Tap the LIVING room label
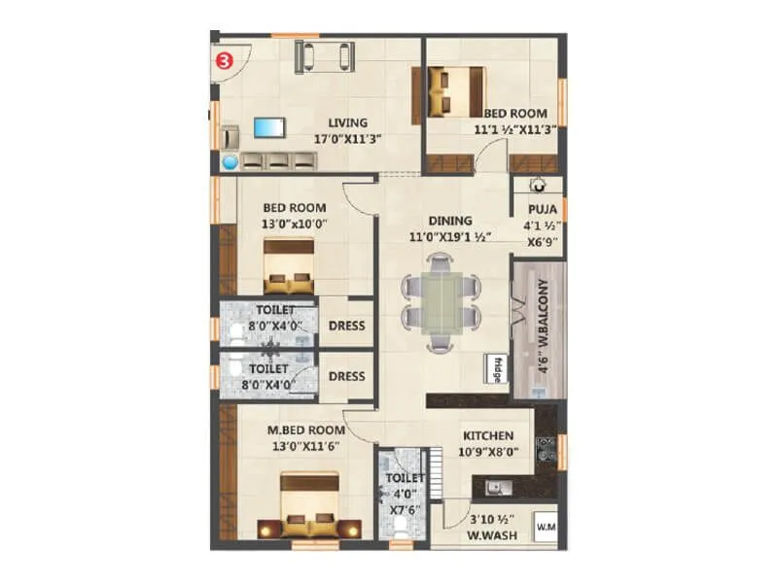tap(347, 122)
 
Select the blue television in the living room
tap(269, 127)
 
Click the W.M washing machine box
tap(545, 528)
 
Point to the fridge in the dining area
tap(495, 368)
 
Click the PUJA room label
tap(542, 209)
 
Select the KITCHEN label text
tap(487, 436)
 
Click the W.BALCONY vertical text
tap(544, 327)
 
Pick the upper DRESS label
tap(346, 326)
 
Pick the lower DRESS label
tap(346, 376)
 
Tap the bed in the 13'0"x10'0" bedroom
tap(289, 265)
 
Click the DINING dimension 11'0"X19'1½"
tap(448, 236)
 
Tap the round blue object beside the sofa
tap(230, 162)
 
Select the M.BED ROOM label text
tap(306, 429)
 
